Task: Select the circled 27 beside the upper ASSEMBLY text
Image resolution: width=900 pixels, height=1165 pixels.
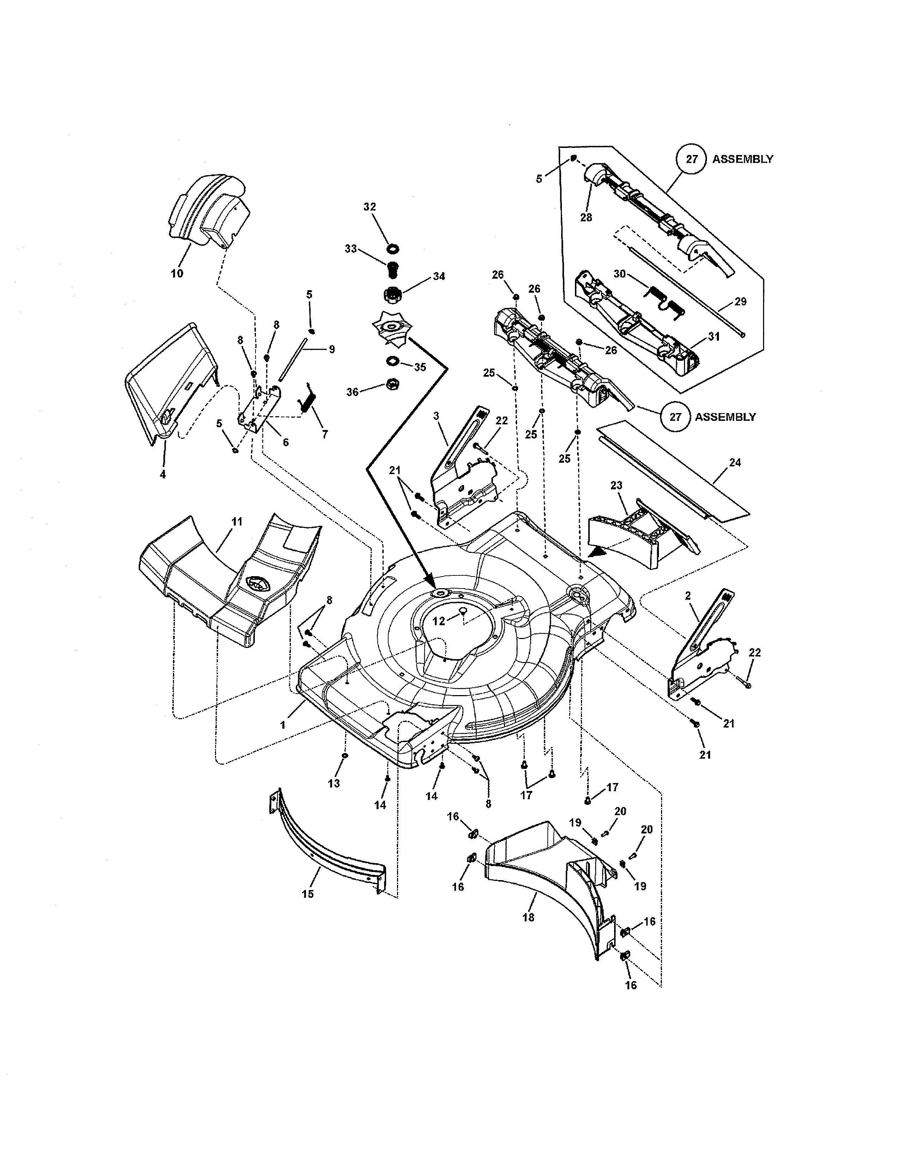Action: point(691,159)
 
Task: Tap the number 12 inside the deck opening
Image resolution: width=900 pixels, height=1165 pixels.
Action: point(438,621)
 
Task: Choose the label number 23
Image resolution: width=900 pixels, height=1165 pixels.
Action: point(616,485)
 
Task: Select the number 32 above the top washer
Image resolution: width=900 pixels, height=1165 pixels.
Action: point(370,207)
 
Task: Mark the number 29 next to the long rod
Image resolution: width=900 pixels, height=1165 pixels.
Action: point(740,301)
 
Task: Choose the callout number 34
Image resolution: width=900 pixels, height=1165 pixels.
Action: point(439,276)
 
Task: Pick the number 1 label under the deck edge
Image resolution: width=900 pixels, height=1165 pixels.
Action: point(283,725)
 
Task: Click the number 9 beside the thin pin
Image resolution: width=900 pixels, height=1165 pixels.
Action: point(332,349)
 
